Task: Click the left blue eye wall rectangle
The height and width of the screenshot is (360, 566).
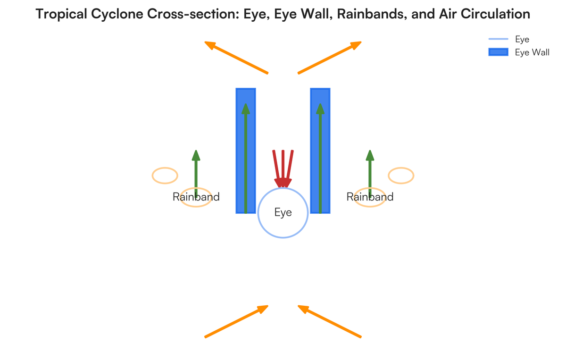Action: point(240,151)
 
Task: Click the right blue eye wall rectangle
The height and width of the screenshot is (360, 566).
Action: point(325,151)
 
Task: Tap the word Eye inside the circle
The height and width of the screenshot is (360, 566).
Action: point(283,212)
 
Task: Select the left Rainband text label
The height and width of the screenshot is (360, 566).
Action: point(196,197)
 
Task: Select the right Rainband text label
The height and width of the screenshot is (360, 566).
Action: point(370,197)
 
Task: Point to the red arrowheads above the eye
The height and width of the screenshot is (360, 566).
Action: point(283,182)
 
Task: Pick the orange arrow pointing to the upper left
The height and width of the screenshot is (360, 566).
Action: point(236,57)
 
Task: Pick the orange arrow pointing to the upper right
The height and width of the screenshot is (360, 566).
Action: point(330,57)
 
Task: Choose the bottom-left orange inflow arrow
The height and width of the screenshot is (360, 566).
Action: point(236,321)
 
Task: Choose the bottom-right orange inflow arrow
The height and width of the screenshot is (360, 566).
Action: point(330,321)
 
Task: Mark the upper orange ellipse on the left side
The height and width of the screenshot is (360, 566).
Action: point(165,175)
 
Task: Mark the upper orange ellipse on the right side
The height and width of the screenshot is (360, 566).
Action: point(401,175)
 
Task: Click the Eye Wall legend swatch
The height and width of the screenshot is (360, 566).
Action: point(498,52)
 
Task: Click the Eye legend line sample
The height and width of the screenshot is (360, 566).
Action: point(498,39)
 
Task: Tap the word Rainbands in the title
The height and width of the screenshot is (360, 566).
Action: point(366,14)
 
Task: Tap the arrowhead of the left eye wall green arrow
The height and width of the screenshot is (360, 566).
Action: point(246,109)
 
